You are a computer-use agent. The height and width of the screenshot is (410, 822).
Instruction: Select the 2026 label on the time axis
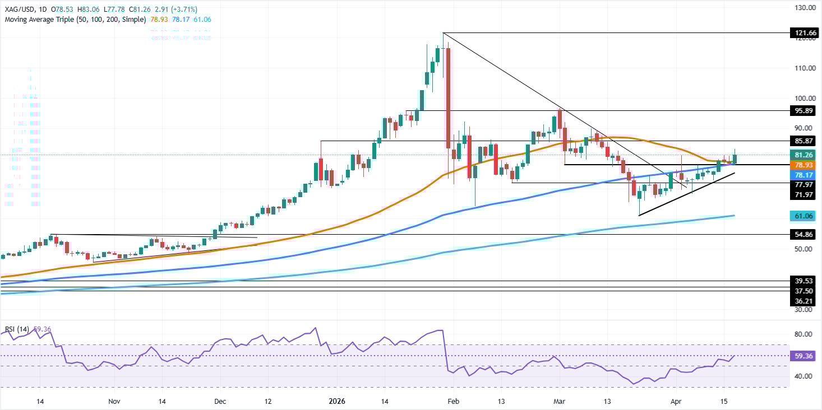(x=337, y=401)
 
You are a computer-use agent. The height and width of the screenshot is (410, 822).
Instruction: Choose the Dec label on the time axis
(x=220, y=401)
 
